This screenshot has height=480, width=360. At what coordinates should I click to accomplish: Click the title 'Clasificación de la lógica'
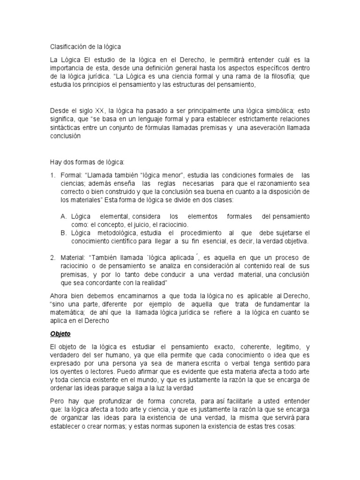85,47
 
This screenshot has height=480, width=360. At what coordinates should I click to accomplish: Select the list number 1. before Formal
53,175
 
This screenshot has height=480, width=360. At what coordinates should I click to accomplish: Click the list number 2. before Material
53,258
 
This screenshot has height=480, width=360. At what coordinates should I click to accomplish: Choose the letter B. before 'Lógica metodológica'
64,233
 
